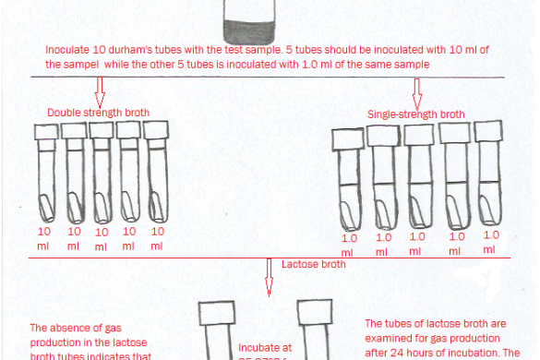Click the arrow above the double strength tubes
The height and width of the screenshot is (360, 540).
pyautogui.click(x=101, y=91)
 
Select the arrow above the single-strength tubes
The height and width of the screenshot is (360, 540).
pyautogui.click(x=416, y=91)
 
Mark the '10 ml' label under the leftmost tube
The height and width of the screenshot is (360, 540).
pyautogui.click(x=44, y=238)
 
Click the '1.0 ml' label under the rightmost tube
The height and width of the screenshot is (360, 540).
pyautogui.click(x=491, y=242)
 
